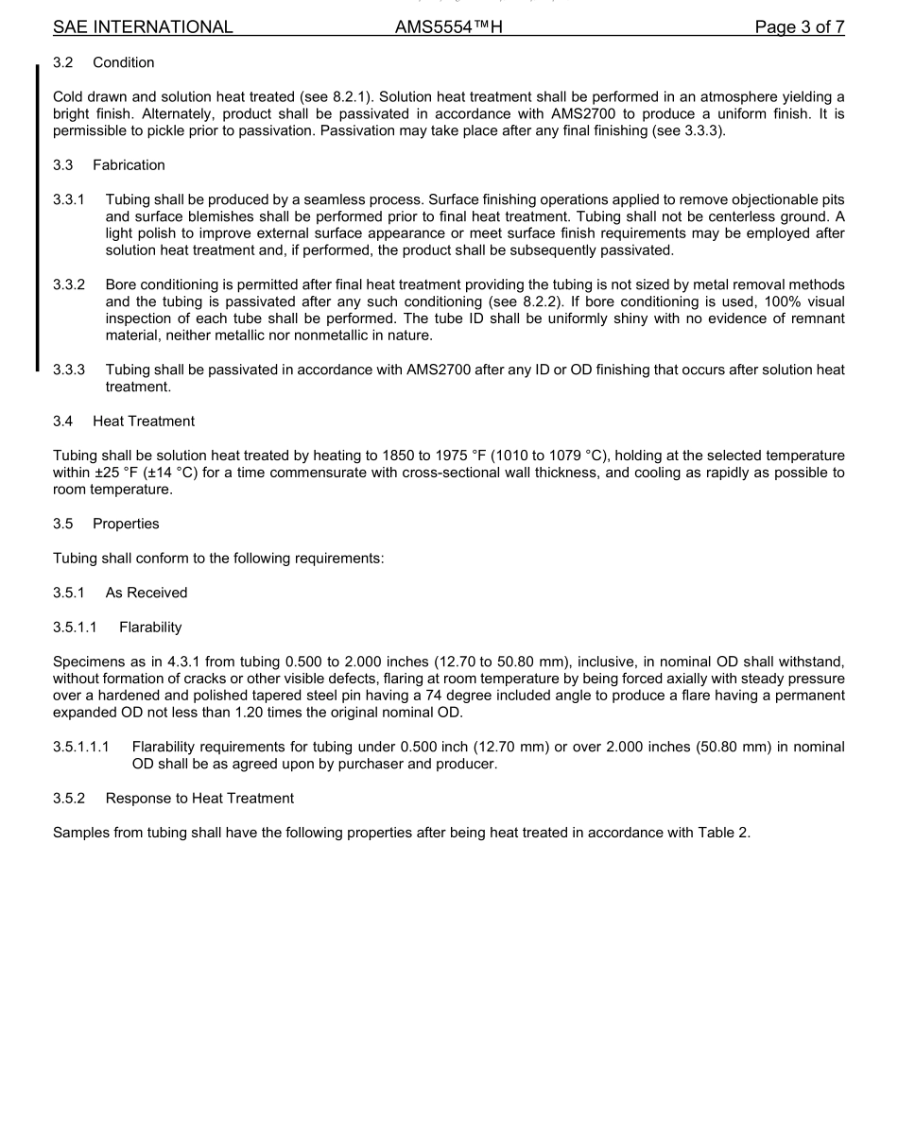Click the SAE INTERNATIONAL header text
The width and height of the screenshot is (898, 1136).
pyautogui.click(x=143, y=27)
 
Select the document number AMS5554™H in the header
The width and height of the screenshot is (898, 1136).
pyautogui.click(x=448, y=27)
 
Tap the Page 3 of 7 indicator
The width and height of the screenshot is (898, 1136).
pyautogui.click(x=799, y=27)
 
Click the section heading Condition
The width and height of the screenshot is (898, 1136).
pyautogui.click(x=124, y=62)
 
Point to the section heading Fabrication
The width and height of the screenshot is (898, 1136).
pyautogui.click(x=129, y=165)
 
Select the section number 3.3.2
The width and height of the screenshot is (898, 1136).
pyautogui.click(x=69, y=284)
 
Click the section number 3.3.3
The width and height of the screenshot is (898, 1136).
pyautogui.click(x=69, y=370)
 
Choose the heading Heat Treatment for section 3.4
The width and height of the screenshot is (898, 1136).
pyautogui.click(x=144, y=422)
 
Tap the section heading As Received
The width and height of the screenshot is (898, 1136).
pyautogui.click(x=147, y=593)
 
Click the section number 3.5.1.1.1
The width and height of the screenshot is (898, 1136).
pyautogui.click(x=81, y=747)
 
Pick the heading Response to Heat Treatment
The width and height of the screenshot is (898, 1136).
pyautogui.click(x=199, y=799)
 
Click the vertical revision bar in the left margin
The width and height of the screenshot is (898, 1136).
pyautogui.click(x=38, y=217)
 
